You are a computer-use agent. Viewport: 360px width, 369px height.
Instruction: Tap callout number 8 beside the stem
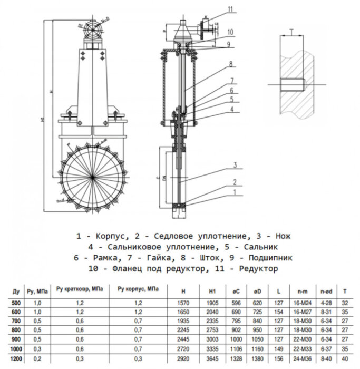coord(230,64)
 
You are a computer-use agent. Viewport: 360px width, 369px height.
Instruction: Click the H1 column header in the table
coord(212,290)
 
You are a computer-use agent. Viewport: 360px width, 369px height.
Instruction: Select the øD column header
coord(258,290)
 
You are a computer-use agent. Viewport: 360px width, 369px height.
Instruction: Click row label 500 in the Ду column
coord(16,303)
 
